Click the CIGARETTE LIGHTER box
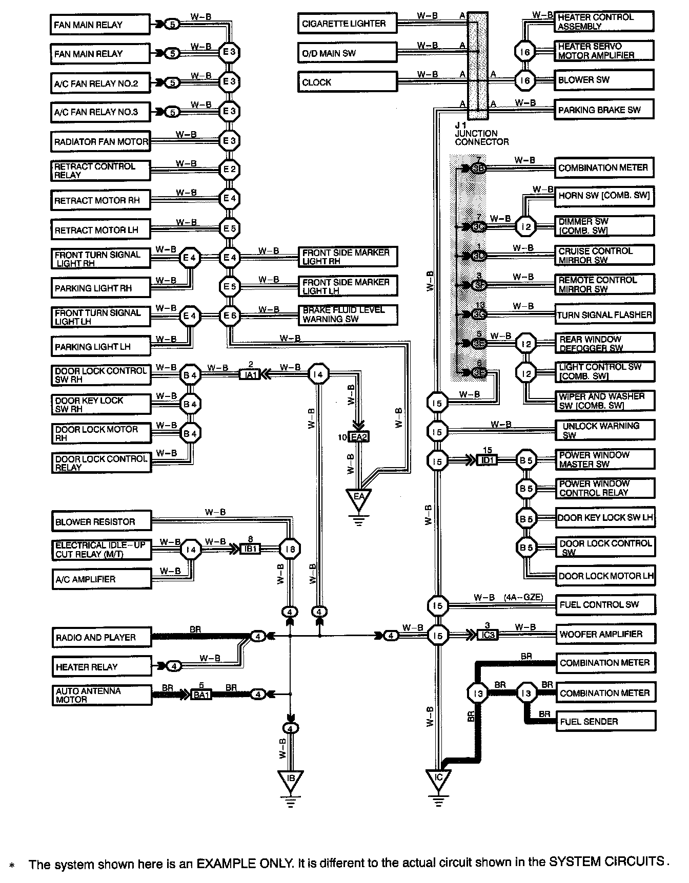[x=347, y=24]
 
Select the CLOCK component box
[x=347, y=82]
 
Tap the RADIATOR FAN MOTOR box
[x=100, y=141]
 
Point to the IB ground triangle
[x=290, y=781]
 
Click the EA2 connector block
[x=358, y=437]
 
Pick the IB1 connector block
[x=251, y=549]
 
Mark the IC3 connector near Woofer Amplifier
[x=487, y=635]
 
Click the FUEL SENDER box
[x=605, y=722]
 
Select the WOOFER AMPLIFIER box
[x=605, y=634]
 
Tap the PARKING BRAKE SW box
[x=604, y=110]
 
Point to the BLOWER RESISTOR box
[x=102, y=521]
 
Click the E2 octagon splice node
[x=229, y=170]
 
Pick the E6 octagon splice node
[x=229, y=316]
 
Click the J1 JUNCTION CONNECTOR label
[x=481, y=134]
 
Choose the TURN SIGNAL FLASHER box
[x=605, y=315]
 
